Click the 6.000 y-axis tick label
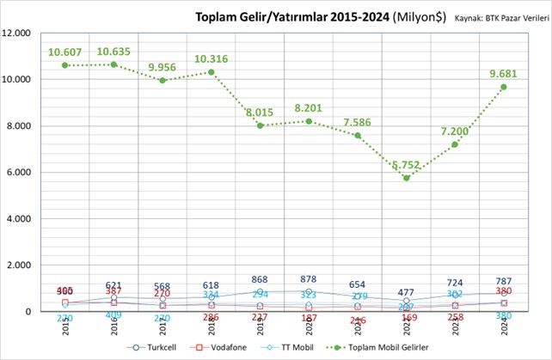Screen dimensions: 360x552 (20, 173)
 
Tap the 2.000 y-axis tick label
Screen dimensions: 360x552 (20, 265)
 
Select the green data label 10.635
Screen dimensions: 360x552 (113, 52)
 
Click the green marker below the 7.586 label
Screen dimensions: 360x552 (358, 136)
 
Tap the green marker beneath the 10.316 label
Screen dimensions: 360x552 (212, 72)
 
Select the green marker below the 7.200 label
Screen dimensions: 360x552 (454, 144)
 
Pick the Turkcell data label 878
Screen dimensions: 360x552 (308, 279)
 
